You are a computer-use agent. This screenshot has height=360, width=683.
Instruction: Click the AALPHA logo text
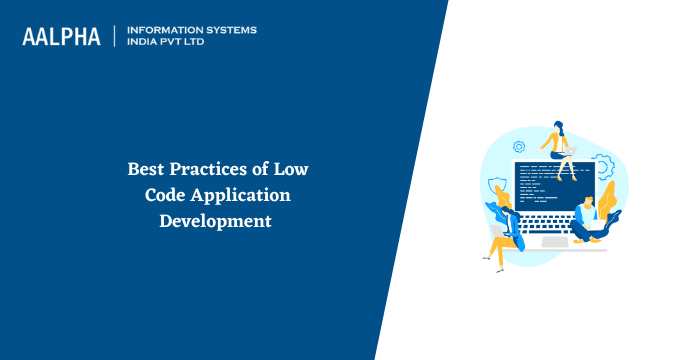62,36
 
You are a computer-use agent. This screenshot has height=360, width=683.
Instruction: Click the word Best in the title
146,169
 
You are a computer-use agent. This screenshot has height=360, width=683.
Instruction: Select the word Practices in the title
209,169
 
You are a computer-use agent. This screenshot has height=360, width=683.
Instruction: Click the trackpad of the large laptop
553,243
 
